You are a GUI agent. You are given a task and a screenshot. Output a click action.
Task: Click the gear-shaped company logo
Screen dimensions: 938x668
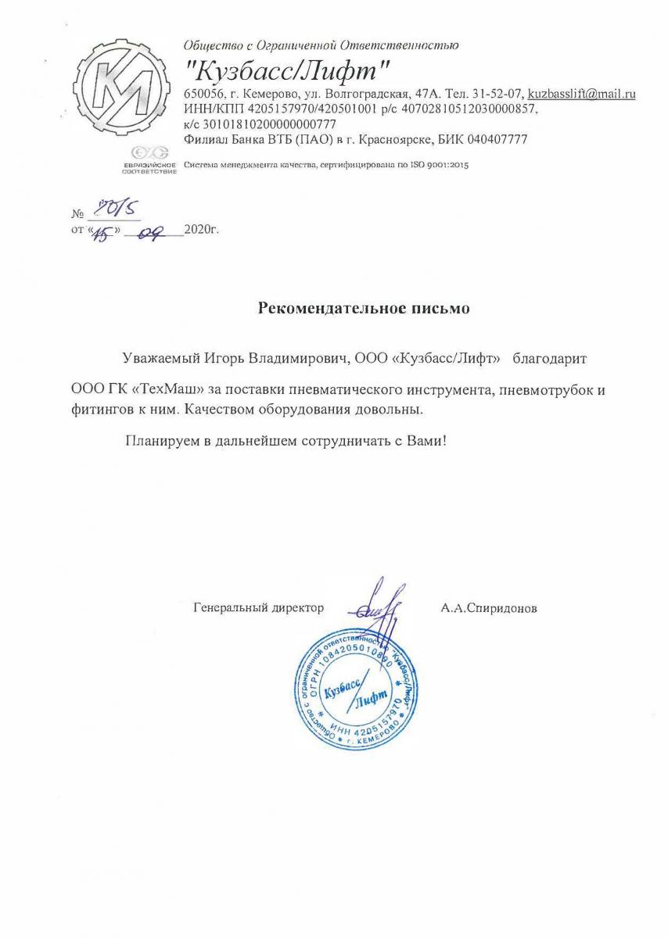coord(124,95)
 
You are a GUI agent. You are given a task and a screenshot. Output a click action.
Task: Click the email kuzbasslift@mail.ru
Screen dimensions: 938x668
coord(581,94)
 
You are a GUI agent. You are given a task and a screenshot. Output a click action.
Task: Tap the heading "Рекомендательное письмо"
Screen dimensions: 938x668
coord(364,308)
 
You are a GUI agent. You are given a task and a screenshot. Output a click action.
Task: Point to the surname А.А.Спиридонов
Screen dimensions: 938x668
coord(489,607)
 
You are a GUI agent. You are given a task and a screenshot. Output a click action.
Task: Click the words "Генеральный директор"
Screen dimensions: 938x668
coord(258,607)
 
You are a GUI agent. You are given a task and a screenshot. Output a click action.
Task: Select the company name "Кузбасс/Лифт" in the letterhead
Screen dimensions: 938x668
coord(288,70)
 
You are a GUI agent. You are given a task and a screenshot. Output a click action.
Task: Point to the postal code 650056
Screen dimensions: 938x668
coord(202,94)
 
